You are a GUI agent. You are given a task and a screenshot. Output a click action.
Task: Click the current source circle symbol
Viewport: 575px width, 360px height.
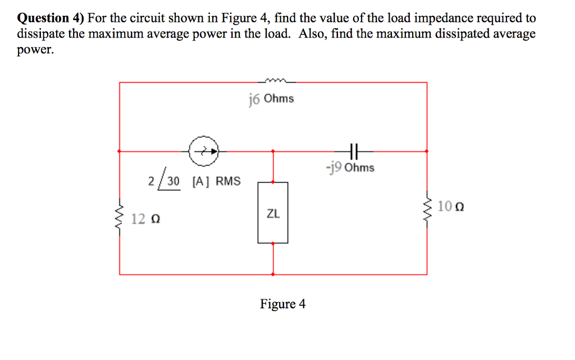[204, 151]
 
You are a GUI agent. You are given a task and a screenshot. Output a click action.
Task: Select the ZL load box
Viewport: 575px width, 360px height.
[273, 213]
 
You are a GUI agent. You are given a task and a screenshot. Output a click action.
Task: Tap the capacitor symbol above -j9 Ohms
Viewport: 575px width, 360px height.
[353, 151]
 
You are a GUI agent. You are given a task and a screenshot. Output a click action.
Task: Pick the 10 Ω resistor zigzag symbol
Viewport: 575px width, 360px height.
[427, 208]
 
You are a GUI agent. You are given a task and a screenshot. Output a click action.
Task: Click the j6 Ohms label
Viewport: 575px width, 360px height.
[271, 99]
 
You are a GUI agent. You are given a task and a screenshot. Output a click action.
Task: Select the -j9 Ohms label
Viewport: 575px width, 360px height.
[350, 167]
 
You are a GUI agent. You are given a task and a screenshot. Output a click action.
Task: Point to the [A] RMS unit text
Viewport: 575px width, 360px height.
[216, 181]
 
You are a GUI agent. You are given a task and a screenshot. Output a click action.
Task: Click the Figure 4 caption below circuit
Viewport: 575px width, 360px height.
[282, 304]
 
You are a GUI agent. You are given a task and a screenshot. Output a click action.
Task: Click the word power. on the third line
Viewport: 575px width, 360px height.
[36, 49]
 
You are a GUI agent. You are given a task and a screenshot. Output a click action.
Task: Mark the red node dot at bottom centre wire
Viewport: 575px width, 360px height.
[273, 275]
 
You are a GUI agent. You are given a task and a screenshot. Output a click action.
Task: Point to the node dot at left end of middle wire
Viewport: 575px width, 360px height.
[119, 151]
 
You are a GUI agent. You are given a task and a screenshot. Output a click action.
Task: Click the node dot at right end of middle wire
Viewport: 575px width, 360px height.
[427, 151]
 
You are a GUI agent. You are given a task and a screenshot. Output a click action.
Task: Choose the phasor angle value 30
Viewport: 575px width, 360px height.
[173, 181]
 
